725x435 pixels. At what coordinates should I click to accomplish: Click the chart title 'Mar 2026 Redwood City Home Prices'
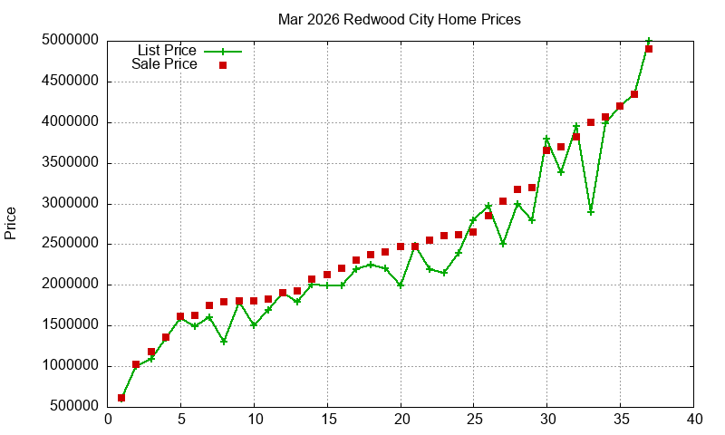(400, 19)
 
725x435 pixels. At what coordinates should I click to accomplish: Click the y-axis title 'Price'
(11, 223)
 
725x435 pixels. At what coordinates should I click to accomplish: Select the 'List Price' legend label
(167, 51)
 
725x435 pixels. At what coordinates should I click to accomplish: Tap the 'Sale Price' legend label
(164, 64)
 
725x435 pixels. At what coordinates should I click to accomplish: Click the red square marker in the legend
(223, 65)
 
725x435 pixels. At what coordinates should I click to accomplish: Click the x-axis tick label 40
(694, 420)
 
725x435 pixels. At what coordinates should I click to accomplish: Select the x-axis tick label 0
(108, 420)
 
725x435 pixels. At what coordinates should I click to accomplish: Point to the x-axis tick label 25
(474, 420)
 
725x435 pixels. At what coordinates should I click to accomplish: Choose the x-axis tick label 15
(327, 420)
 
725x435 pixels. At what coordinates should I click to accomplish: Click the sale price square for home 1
(121, 398)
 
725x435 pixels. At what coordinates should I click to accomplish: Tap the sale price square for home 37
(649, 49)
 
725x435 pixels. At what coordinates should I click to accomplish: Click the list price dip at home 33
(591, 212)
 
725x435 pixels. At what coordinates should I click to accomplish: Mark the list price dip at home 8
(224, 342)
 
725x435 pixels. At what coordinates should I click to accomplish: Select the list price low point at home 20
(401, 285)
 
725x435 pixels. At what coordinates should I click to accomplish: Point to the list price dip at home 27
(503, 244)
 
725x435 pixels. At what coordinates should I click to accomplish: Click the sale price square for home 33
(591, 122)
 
